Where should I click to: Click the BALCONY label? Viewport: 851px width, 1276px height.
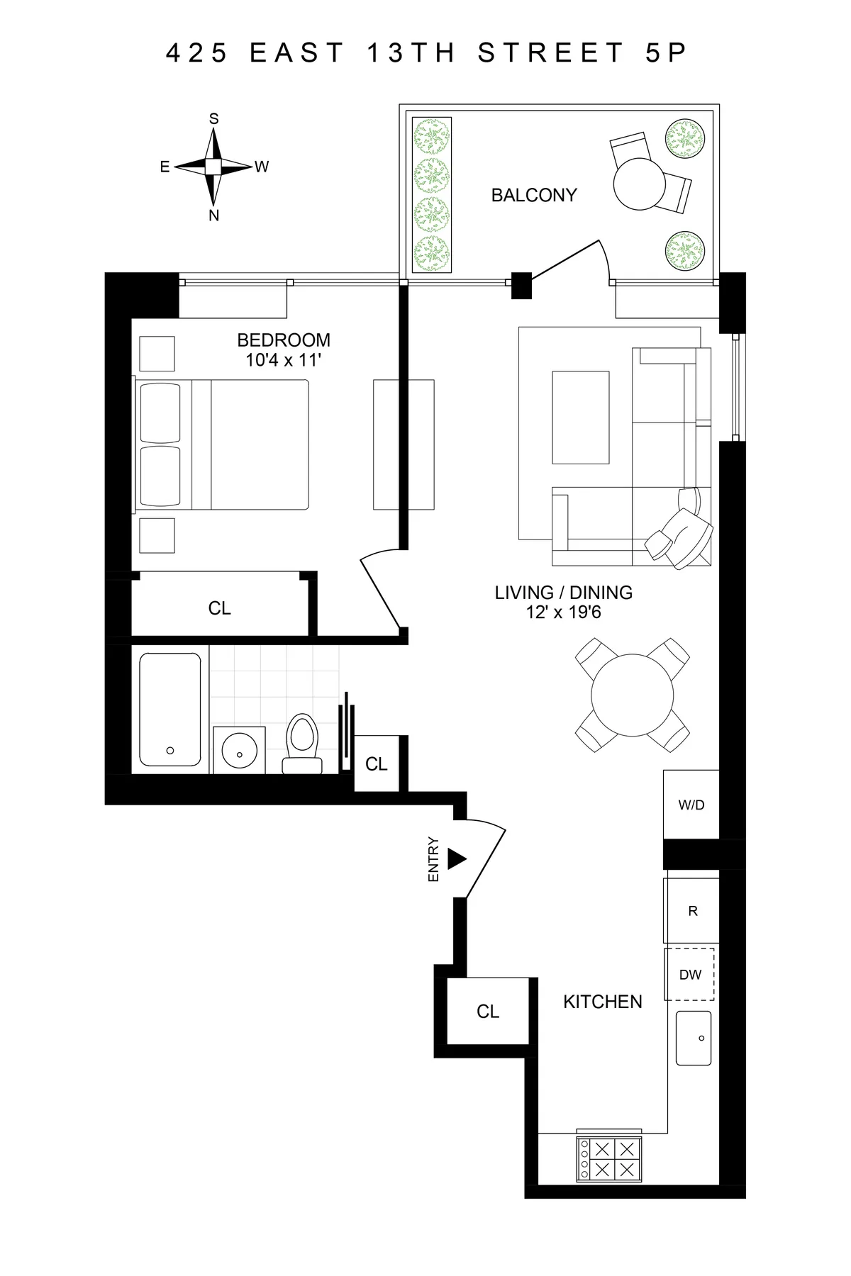(533, 195)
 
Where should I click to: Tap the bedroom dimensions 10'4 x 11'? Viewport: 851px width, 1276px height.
(284, 360)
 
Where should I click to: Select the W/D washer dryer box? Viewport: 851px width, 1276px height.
(691, 805)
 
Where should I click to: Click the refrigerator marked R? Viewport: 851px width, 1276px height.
(692, 911)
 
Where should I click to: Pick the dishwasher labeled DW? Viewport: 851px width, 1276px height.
(689, 975)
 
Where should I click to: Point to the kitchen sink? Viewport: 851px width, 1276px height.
(693, 1038)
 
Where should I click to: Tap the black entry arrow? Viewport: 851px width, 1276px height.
(457, 860)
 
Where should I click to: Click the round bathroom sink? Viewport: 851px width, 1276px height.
(239, 749)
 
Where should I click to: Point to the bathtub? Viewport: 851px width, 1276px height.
(170, 710)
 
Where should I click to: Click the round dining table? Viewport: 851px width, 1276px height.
(632, 695)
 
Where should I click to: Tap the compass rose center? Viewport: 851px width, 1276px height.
(213, 167)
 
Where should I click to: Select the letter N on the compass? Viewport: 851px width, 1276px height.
(213, 216)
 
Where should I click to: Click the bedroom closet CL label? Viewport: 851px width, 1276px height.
(219, 608)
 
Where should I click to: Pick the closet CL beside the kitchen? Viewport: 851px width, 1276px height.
(487, 1012)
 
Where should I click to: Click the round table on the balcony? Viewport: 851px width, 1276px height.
(640, 183)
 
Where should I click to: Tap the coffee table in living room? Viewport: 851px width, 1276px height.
(580, 417)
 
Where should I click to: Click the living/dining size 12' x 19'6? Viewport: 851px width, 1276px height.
(564, 612)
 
